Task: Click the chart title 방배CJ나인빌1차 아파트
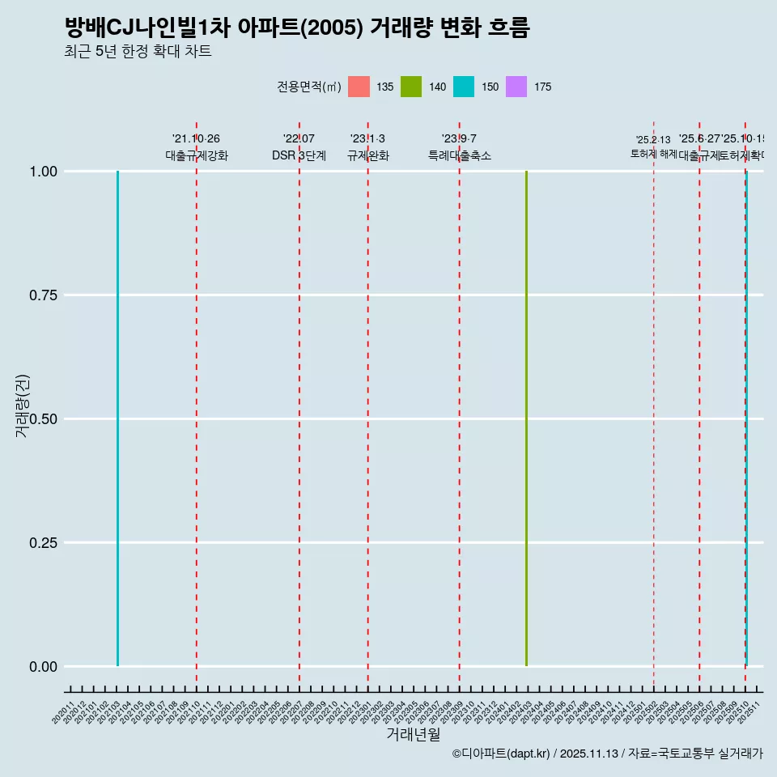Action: coord(296,28)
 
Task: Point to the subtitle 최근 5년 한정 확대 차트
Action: coord(138,52)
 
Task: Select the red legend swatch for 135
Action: coord(359,87)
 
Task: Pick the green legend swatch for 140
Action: coord(411,87)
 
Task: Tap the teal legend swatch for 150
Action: coord(464,87)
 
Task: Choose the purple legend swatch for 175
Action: coord(516,87)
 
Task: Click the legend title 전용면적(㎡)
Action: coord(308,87)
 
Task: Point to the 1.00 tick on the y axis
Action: coord(42,172)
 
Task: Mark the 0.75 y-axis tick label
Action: coord(42,295)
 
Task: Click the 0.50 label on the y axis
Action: coord(42,419)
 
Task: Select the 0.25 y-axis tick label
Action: coord(42,543)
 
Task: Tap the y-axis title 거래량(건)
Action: coord(23,405)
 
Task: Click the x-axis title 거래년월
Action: coord(414,734)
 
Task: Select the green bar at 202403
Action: coord(526,418)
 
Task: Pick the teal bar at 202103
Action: coord(117,418)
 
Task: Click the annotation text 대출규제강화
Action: coord(197,155)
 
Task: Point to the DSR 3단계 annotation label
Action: coord(299,155)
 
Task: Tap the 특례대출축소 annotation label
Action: coord(460,155)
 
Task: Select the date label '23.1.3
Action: coord(367,138)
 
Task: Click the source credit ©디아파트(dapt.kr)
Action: coord(501,754)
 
